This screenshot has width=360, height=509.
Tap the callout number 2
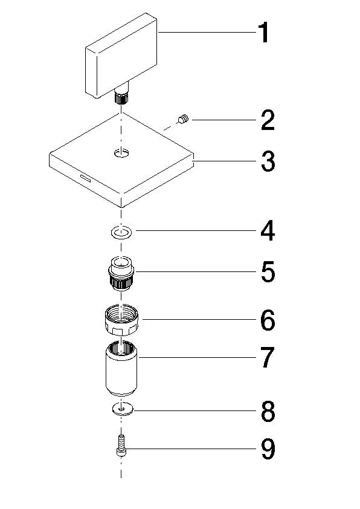[268, 121]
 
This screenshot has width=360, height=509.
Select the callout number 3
[268, 162]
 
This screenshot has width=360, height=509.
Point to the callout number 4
[268, 231]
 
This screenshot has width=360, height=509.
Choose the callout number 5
[268, 272]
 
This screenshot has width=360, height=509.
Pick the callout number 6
[268, 320]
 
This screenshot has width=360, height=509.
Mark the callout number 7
[268, 358]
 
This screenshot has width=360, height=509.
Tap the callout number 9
[268, 449]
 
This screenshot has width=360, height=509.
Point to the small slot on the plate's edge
[83, 178]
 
